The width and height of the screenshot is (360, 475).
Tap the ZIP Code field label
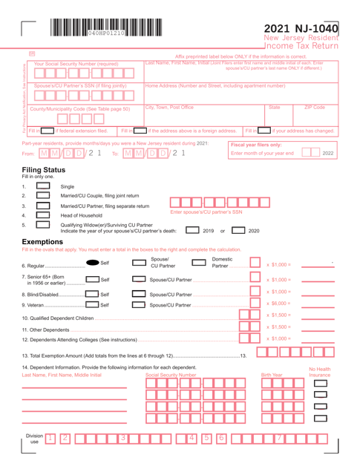(333, 107)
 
